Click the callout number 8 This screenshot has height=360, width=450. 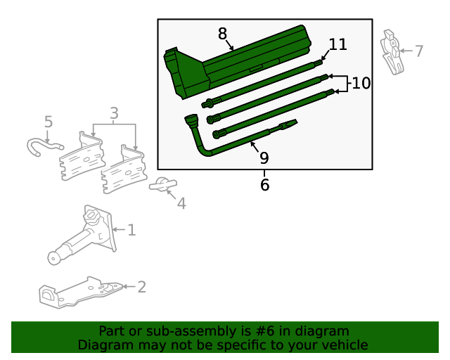[222, 34]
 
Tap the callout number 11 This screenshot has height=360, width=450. [338, 44]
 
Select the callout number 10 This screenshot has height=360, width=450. [361, 83]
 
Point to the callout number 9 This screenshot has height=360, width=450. [264, 157]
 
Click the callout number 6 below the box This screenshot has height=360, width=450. [264, 185]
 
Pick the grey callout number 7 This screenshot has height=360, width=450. [419, 51]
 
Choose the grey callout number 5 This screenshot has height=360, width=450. [49, 122]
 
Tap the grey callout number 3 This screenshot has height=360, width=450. [114, 112]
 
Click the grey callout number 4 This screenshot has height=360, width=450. [181, 203]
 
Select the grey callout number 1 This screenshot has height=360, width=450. [131, 229]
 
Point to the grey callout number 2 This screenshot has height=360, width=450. [141, 286]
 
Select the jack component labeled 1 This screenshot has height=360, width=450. [81, 236]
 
